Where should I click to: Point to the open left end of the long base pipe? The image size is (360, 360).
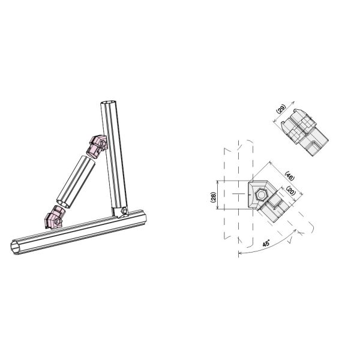point(17,247)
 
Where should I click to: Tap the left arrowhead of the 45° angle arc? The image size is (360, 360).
point(239,253)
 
